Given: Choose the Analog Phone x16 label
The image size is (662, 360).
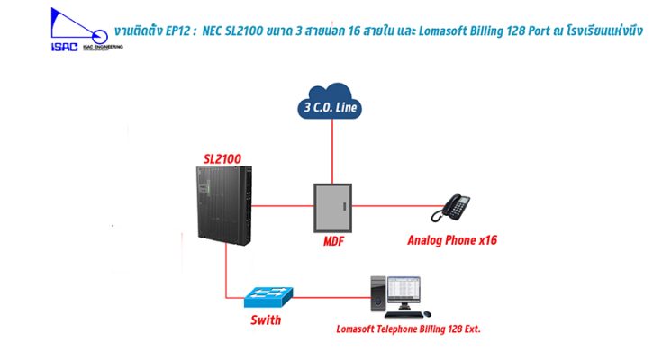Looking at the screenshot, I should click(452, 240).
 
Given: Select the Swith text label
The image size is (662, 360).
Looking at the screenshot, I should click(265, 319).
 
